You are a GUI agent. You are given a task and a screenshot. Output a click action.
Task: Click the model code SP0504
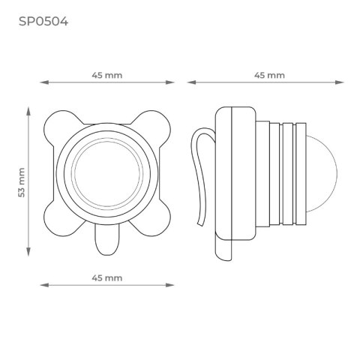point(43,21)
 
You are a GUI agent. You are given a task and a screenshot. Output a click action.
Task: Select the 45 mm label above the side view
point(269,76)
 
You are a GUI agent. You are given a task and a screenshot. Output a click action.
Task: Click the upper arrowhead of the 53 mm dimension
point(29,111)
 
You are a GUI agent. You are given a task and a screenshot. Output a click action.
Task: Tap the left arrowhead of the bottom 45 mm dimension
point(42,285)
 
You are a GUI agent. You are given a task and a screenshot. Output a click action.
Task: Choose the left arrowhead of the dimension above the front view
point(42,83)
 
